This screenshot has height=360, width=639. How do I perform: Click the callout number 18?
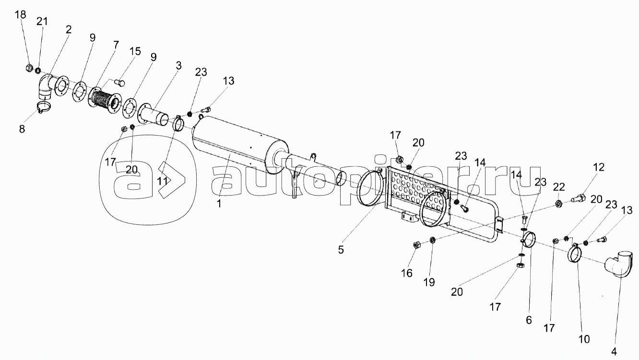coord(21,15)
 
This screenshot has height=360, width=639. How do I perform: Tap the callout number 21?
coord(42,22)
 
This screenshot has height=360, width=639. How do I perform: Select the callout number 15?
coord(135,51)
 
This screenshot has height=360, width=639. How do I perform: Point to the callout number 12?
coord(598,168)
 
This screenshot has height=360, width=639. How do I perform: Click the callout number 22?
coord(559,186)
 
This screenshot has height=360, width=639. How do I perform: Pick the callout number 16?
coord(407,273)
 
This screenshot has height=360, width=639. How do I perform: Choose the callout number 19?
coord(429,282)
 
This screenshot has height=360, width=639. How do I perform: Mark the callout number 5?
coord(341,250)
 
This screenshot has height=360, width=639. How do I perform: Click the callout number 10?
coord(584,339)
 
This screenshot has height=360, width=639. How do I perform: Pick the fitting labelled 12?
coord(578,197)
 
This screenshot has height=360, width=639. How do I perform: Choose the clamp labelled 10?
coord(575,254)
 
